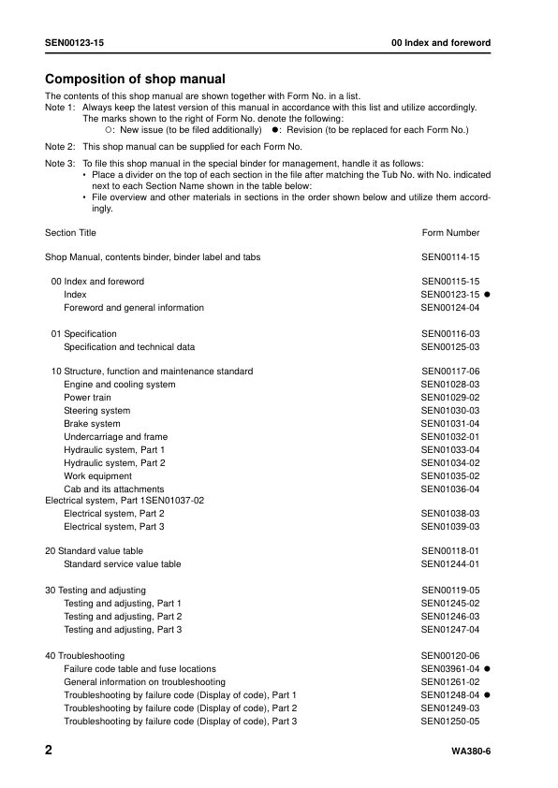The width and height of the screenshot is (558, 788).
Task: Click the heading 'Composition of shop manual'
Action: [x=135, y=79]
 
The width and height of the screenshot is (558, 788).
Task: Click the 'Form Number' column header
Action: [x=450, y=233]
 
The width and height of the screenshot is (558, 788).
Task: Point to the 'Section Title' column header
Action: [x=70, y=233]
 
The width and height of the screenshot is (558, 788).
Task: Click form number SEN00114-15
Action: [x=450, y=256]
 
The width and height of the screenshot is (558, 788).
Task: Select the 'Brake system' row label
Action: [x=92, y=424]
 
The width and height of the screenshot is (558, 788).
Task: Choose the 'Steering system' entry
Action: [x=97, y=411]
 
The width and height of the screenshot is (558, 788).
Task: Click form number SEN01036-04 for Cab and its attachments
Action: [x=450, y=489]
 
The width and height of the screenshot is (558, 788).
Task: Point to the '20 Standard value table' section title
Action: [x=95, y=551]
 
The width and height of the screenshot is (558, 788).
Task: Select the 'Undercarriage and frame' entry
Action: [x=115, y=437]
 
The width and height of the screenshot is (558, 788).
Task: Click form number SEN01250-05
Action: [x=450, y=722]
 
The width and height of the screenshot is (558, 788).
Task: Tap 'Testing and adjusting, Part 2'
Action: [x=123, y=617]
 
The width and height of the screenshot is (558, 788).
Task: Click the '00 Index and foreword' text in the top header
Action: [x=440, y=44]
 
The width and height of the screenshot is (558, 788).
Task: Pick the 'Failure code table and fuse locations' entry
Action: [x=139, y=669]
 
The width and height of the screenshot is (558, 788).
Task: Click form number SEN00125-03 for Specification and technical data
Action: [x=450, y=347]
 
